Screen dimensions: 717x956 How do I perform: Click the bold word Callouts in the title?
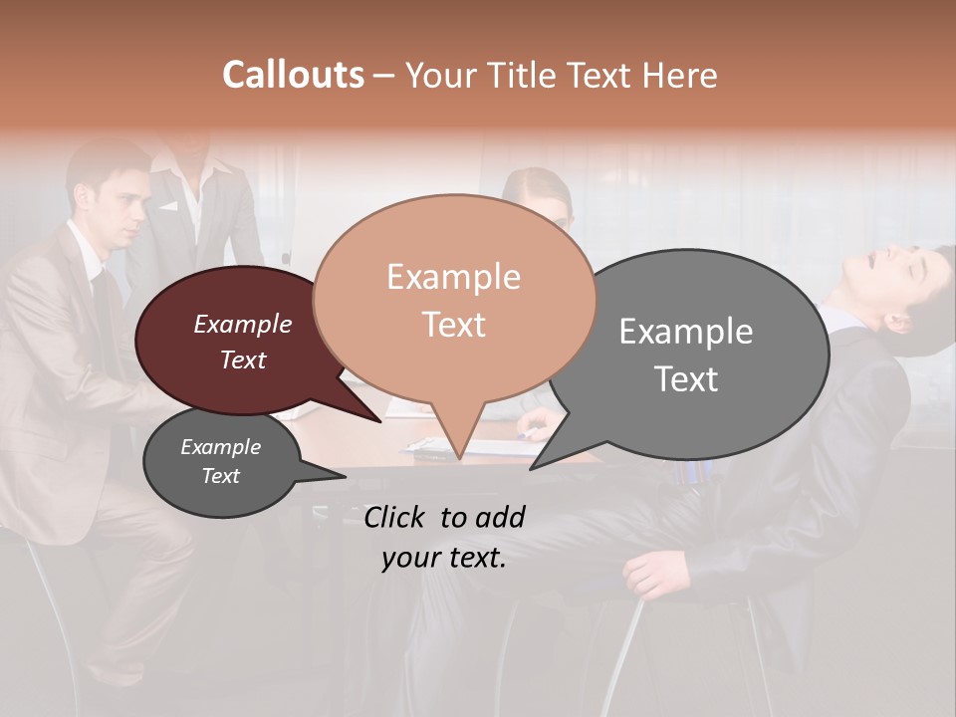point(293,75)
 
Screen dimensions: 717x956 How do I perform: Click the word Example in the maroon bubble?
point(242,324)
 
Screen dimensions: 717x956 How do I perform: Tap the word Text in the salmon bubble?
point(454,324)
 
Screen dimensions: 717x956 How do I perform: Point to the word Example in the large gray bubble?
point(686,331)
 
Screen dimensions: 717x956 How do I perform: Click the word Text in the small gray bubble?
point(221,476)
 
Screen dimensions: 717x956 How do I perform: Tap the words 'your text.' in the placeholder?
point(444,558)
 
